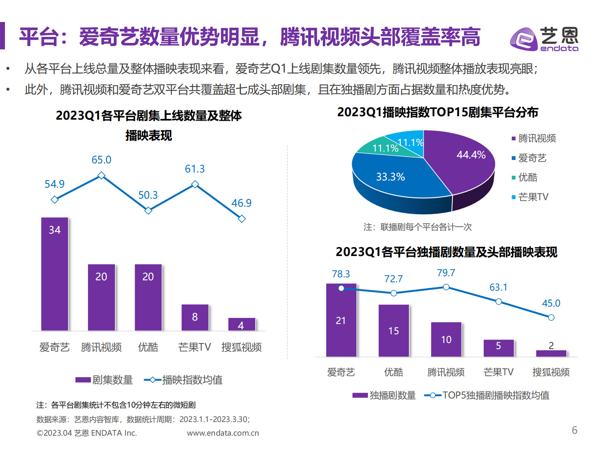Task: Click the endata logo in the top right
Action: click(544, 38)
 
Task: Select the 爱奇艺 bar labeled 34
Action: click(55, 273)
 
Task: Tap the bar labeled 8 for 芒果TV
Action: click(195, 317)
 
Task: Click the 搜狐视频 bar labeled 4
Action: click(242, 324)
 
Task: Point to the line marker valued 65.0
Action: click(101, 175)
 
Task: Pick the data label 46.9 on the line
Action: click(241, 203)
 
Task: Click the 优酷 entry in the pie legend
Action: click(527, 177)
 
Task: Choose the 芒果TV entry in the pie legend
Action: click(533, 197)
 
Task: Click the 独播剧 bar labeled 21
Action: click(341, 320)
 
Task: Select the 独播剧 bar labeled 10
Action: click(446, 339)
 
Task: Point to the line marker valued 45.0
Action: click(551, 318)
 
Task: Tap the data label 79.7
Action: click(446, 273)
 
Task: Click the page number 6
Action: click(574, 430)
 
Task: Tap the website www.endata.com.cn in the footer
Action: click(223, 433)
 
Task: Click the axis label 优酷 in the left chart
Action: click(148, 347)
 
